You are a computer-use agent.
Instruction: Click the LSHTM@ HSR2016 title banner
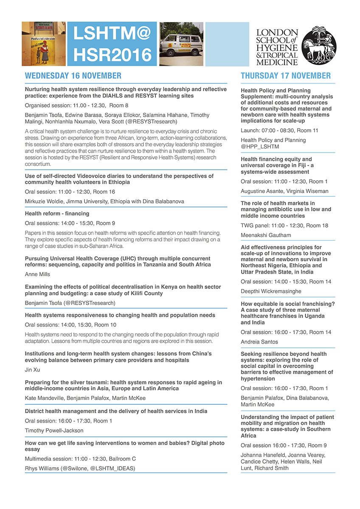112,44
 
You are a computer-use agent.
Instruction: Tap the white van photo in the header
181,44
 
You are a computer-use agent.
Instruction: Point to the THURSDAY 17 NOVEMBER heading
286,76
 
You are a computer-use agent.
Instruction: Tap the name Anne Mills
37,274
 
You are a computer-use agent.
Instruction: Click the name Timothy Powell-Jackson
54,430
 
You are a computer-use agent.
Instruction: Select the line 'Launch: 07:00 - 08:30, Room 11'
279,131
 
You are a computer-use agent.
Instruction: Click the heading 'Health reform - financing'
57,213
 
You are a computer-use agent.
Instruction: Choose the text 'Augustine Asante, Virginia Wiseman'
284,191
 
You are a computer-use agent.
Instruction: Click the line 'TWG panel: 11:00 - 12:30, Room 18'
284,226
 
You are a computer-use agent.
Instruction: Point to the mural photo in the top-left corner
44,44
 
